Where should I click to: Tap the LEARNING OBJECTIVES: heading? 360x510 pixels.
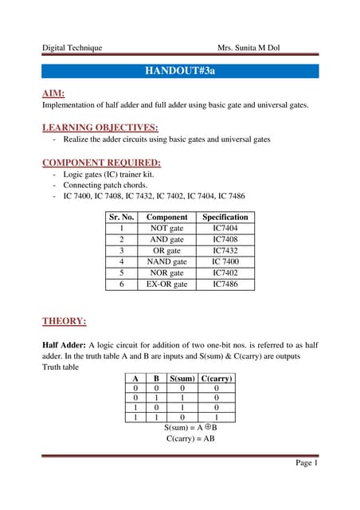100,127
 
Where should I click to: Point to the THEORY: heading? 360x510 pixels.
64,321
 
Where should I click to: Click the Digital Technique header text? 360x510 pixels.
72,48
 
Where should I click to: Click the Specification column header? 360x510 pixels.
225,217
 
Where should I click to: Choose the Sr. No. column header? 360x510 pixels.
121,217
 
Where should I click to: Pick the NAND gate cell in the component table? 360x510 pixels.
167,261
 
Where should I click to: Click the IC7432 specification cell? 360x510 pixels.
225,250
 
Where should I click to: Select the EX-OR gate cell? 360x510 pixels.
167,284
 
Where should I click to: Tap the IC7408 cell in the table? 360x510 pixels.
225,239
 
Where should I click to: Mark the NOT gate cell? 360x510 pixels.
167,228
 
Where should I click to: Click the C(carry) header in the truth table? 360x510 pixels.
217,379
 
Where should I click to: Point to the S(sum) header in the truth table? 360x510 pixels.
183,379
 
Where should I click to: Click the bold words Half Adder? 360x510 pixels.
68,344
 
